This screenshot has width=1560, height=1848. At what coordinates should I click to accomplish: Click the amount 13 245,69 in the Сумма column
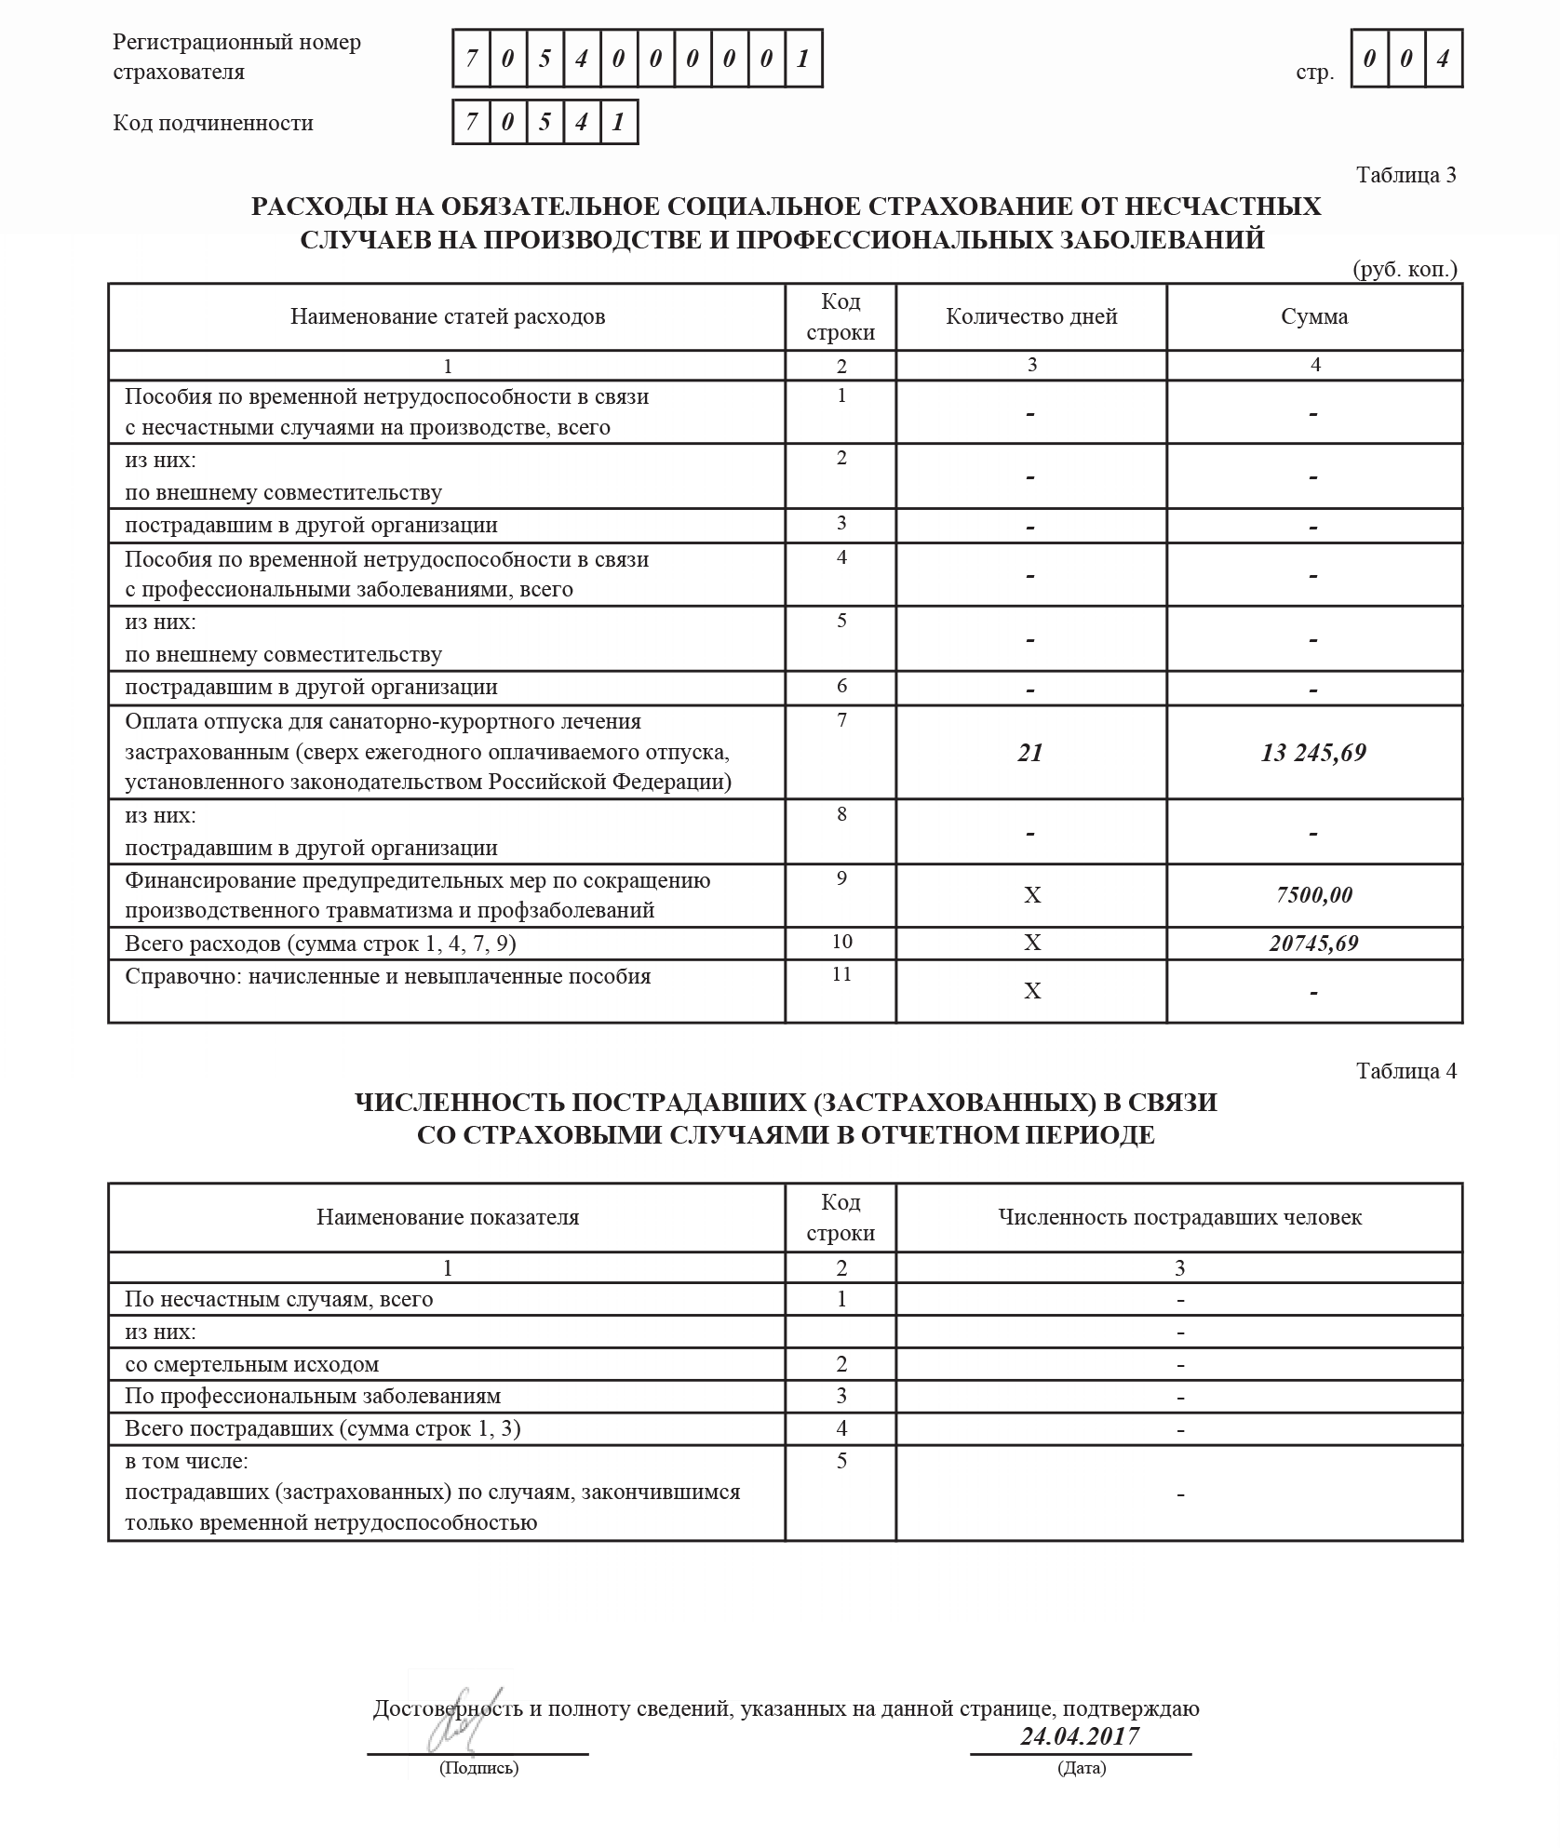click(1313, 753)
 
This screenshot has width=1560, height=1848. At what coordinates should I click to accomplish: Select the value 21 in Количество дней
click(1030, 753)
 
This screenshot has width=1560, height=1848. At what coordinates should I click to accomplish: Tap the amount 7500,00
click(1314, 895)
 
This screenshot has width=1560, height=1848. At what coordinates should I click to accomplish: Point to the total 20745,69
click(1313, 944)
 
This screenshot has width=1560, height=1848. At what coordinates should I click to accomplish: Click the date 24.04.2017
click(1080, 1736)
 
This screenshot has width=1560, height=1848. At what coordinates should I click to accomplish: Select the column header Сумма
click(1314, 317)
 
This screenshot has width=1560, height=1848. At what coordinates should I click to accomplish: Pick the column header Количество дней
click(1031, 317)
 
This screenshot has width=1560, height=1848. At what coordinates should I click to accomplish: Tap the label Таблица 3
click(1405, 176)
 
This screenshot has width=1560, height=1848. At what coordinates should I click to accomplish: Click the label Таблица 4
click(1405, 1071)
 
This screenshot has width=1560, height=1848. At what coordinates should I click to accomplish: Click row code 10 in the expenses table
click(841, 942)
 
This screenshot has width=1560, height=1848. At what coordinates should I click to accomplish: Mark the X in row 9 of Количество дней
click(1032, 896)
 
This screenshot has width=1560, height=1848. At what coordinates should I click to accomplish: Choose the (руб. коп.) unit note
click(1405, 270)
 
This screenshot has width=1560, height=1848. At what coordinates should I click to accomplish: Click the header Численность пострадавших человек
click(1179, 1218)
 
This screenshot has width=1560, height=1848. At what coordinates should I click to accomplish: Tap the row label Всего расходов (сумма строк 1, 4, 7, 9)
click(320, 944)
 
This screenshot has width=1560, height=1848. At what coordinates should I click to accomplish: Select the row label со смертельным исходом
click(252, 1365)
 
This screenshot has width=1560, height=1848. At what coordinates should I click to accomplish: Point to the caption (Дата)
click(1082, 1768)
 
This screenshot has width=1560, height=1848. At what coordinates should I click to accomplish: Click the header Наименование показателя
click(448, 1218)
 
